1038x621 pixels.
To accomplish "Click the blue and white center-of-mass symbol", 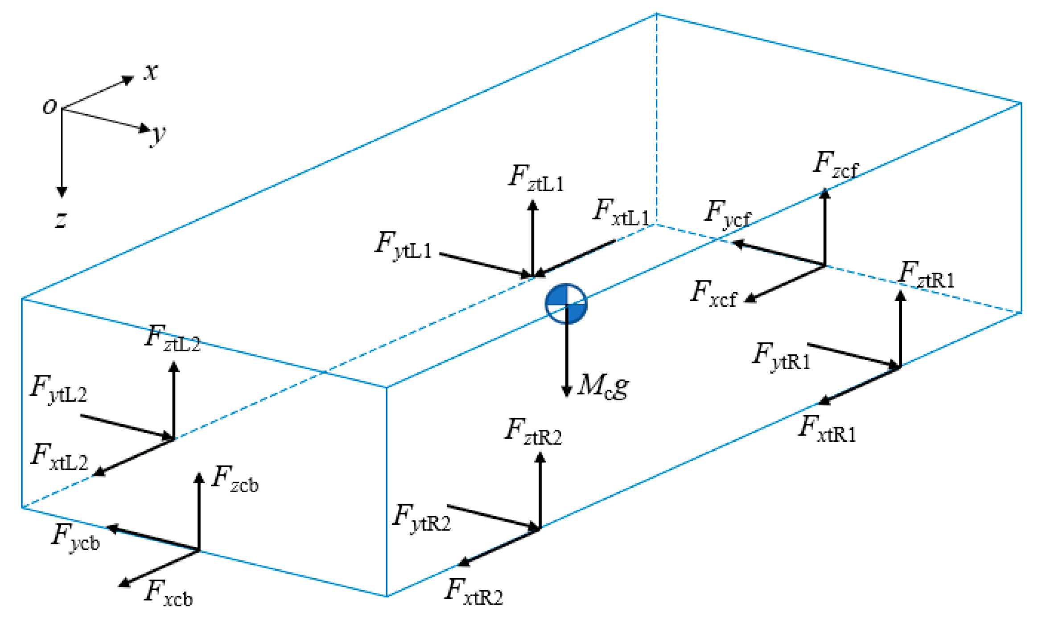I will pyautogui.click(x=566, y=304).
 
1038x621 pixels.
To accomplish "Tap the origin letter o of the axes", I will pyautogui.click(x=49, y=106).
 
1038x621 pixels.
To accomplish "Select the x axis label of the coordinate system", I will pyautogui.click(x=151, y=71).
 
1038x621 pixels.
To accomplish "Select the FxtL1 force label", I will pyautogui.click(x=621, y=213).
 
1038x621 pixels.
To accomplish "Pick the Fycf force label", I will pyautogui.click(x=727, y=214).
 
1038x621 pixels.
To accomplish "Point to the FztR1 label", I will pyautogui.click(x=926, y=275).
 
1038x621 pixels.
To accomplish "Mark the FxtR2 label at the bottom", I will pyautogui.click(x=474, y=592).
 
